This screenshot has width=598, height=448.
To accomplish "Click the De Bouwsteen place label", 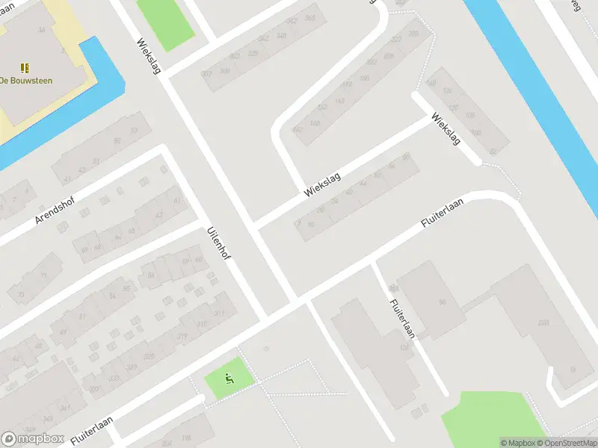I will point(26,80).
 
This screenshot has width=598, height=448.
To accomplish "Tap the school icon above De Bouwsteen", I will point(25,67).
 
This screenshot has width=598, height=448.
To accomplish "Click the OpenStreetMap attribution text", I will point(567,443).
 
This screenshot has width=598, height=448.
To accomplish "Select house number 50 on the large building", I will point(442,302).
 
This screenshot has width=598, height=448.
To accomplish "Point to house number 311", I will point(220,314).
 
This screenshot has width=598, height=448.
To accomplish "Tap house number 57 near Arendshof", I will point(135,131).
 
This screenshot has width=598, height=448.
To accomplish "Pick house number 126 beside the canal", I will point(448,90).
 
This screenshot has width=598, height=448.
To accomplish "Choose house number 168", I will point(364,77).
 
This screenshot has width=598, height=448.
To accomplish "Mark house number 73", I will point(43,276).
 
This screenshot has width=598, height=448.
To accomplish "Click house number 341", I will point(65,407).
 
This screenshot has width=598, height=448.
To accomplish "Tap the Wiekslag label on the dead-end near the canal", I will point(446,129).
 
